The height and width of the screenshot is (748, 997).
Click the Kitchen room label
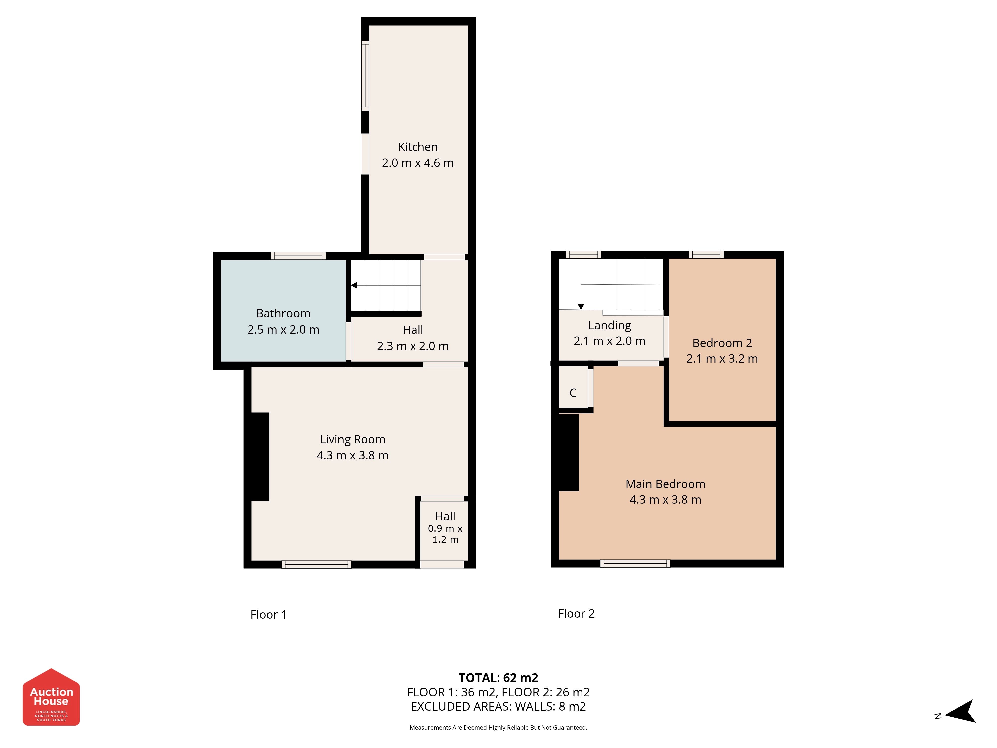pyautogui.click(x=417, y=147)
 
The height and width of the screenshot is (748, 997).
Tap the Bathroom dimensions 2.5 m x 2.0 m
pyautogui.click(x=283, y=330)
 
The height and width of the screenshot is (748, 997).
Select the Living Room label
pyautogui.click(x=352, y=440)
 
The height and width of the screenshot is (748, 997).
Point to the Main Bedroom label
pyautogui.click(x=665, y=484)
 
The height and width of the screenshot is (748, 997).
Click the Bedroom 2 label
pyautogui.click(x=722, y=343)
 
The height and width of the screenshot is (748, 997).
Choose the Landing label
pyautogui.click(x=609, y=326)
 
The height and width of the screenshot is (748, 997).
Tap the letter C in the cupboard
pyautogui.click(x=573, y=393)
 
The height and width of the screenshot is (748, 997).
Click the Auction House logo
pyautogui.click(x=51, y=697)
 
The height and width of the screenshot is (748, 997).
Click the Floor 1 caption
pyautogui.click(x=269, y=615)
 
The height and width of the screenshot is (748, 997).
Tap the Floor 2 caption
pyautogui.click(x=577, y=614)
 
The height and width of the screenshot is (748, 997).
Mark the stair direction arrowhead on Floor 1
pyautogui.click(x=354, y=285)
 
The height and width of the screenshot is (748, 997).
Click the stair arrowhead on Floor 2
pyautogui.click(x=581, y=307)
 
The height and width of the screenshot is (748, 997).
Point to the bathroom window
pyautogui.click(x=298, y=256)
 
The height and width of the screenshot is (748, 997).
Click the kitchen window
pyautogui.click(x=365, y=75)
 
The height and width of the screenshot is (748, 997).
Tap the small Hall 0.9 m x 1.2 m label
pyautogui.click(x=445, y=528)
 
